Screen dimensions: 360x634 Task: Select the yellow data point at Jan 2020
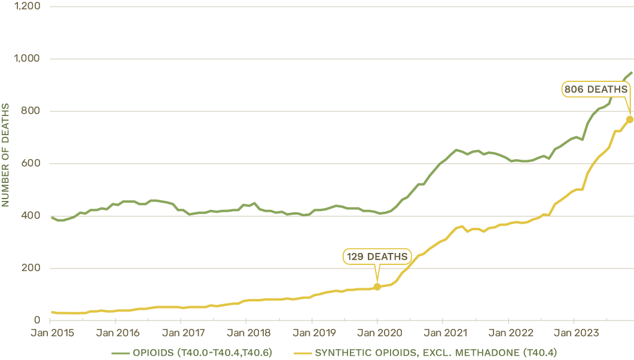point(377,287)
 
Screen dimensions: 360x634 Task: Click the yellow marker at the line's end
point(630,119)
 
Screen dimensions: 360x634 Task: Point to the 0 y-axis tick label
point(37,321)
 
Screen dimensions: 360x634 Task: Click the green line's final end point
point(632,72)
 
